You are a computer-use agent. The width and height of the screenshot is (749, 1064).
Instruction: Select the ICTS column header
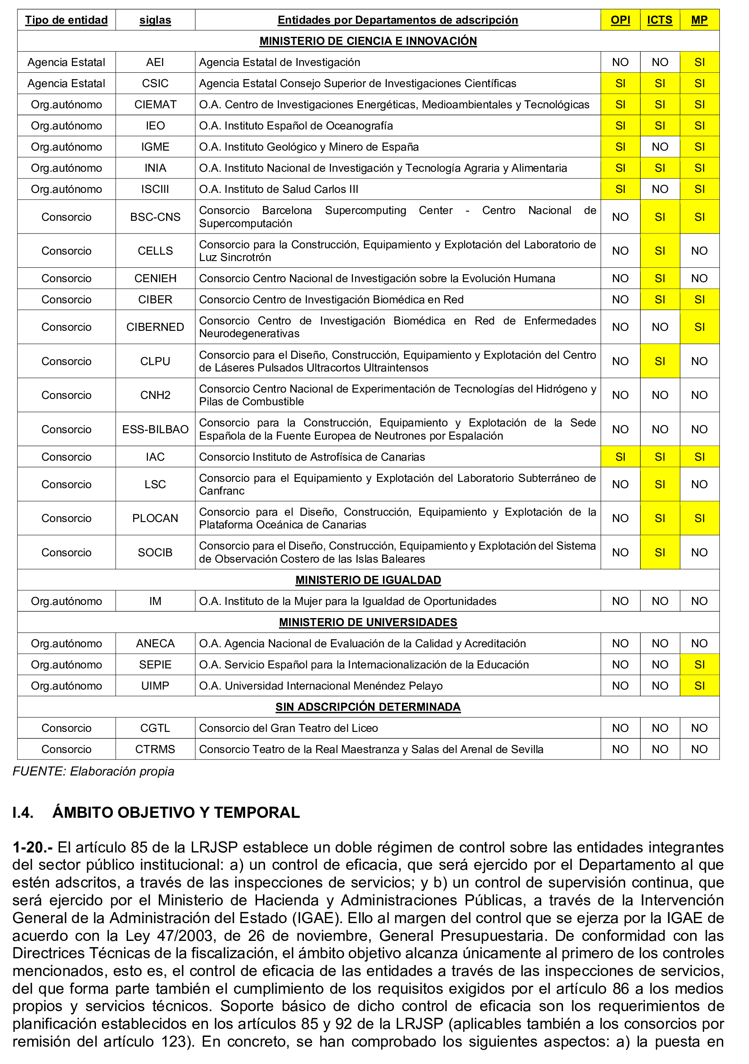pyautogui.click(x=660, y=20)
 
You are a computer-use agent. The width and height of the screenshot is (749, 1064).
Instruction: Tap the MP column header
pyautogui.click(x=699, y=20)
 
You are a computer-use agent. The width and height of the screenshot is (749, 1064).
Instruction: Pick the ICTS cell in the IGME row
pyautogui.click(x=660, y=147)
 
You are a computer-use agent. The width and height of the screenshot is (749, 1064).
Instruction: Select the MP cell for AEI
pyautogui.click(x=699, y=62)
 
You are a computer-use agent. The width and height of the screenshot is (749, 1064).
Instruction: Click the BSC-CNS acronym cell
pyautogui.click(x=155, y=217)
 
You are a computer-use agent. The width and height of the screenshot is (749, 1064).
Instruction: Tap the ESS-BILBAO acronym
pyautogui.click(x=155, y=429)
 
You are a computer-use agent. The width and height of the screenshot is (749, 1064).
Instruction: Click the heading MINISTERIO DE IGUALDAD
pyautogui.click(x=368, y=580)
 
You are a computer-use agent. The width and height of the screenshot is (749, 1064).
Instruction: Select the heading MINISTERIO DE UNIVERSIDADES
pyautogui.click(x=368, y=622)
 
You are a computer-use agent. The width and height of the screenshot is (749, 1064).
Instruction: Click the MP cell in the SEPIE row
pyautogui.click(x=699, y=665)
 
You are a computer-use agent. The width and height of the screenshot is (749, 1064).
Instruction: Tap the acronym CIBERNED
pyautogui.click(x=155, y=327)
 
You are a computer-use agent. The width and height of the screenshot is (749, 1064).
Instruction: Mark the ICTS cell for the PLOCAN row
pyautogui.click(x=660, y=518)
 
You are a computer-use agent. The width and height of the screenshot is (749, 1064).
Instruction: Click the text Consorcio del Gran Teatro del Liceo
pyautogui.click(x=288, y=728)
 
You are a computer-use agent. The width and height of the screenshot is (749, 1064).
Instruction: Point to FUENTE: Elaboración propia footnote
pyautogui.click(x=93, y=771)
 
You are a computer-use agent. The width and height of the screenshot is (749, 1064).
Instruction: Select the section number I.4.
pyautogui.click(x=23, y=812)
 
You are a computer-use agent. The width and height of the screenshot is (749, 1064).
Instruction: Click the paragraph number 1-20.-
pyautogui.click(x=33, y=847)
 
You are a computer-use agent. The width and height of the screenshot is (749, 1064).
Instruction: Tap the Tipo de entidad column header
pyautogui.click(x=66, y=20)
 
